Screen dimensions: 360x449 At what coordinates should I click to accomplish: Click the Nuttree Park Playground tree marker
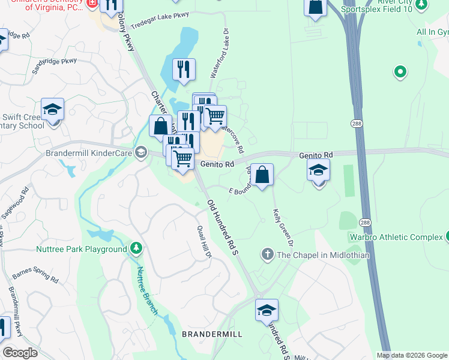(x=136, y=248)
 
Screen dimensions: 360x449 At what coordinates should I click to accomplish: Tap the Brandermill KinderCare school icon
(x=141, y=153)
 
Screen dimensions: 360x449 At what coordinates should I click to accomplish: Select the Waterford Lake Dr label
(x=220, y=53)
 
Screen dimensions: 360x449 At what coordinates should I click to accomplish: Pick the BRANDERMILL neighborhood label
(x=212, y=334)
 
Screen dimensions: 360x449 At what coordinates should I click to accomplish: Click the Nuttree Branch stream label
(x=147, y=290)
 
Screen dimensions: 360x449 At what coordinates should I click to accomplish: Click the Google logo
(x=20, y=353)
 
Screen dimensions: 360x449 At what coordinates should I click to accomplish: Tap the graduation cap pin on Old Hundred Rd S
(x=267, y=311)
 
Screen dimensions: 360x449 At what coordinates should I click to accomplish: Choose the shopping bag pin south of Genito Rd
(x=262, y=176)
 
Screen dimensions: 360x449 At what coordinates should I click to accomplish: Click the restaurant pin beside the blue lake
(x=184, y=70)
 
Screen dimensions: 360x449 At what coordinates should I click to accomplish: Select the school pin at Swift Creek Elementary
(x=53, y=110)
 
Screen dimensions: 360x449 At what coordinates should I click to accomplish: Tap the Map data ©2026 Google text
(x=411, y=355)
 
